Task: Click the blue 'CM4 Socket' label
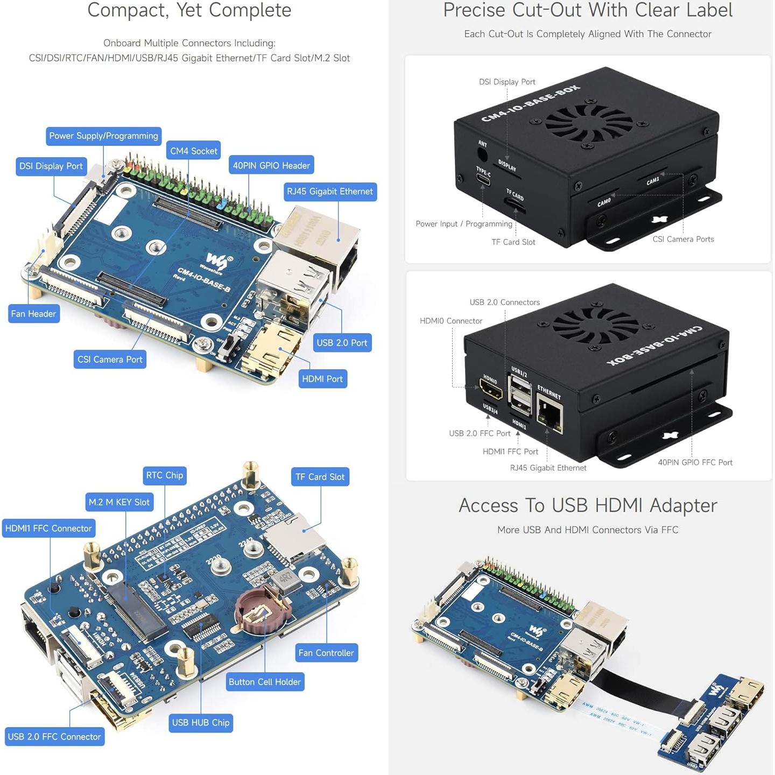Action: [x=194, y=151]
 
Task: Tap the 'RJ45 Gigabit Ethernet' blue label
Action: [x=329, y=192]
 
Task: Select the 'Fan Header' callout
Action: [x=33, y=314]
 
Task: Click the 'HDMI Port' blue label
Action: [x=322, y=379]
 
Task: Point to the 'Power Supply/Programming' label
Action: [x=103, y=136]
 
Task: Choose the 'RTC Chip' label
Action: [x=164, y=475]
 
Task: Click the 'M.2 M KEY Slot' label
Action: [x=119, y=502]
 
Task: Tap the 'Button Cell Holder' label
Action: [x=264, y=682]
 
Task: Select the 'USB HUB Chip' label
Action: [x=201, y=723]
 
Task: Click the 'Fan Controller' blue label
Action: [x=326, y=653]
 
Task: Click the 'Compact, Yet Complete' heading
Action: [x=189, y=10]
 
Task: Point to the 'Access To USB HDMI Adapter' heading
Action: [x=588, y=505]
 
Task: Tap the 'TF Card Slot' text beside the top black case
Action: [x=513, y=242]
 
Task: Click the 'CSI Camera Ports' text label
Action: [x=683, y=239]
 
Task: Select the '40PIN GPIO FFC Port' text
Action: [x=695, y=462]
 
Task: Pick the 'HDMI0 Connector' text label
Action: [x=451, y=321]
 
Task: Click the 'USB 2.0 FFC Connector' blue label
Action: [x=54, y=737]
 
